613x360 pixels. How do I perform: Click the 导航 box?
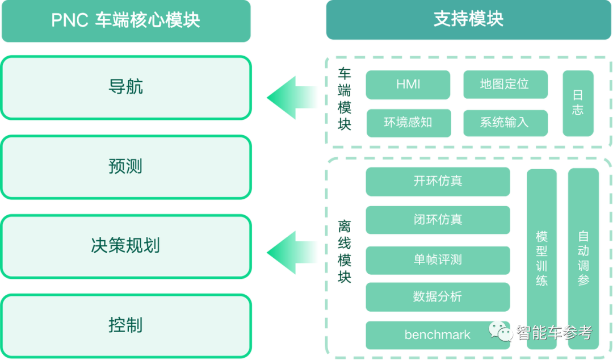coord(125,87)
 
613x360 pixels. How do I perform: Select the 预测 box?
coord(125,167)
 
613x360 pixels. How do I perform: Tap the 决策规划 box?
coord(125,246)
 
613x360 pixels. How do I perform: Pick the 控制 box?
coord(125,325)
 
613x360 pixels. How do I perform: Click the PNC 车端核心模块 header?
coord(125,21)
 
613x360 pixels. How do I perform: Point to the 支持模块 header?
coord(468,20)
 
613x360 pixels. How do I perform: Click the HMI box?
coord(408,85)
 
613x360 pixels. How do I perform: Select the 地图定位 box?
coord(505,85)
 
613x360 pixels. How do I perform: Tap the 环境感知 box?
coord(408,122)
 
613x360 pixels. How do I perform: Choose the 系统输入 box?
coord(505,122)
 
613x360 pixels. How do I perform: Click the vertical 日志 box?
coord(578,103)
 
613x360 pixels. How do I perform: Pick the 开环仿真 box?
coord(438,181)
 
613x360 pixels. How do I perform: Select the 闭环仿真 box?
coord(438,220)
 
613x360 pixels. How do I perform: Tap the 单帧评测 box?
coord(438,259)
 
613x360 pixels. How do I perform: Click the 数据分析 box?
coord(438,296)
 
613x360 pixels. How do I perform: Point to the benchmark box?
coord(438,334)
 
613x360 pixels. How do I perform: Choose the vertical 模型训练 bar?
coord(542,258)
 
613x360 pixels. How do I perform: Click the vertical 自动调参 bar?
coord(583,258)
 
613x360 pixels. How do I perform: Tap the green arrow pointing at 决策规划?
coord(292,252)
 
